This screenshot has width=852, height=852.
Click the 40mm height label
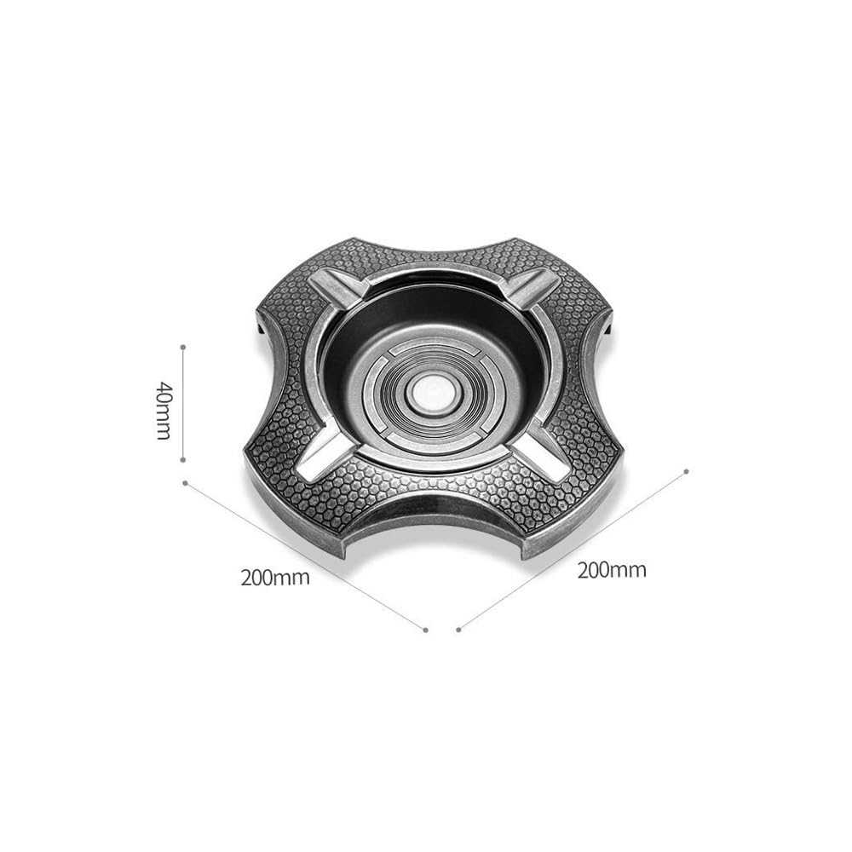click(x=164, y=411)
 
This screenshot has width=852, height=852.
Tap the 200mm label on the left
click(x=275, y=577)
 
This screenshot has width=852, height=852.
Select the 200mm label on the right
click(x=612, y=571)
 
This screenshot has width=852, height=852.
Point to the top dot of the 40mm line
click(x=184, y=347)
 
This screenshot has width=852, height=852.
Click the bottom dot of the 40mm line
click(x=184, y=460)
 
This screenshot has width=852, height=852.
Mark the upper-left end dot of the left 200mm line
click(x=186, y=482)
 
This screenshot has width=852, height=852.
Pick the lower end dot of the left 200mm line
click(x=425, y=630)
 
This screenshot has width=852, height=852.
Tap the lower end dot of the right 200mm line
click(x=459, y=630)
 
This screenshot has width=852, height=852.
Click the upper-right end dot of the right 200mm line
click(x=686, y=472)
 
